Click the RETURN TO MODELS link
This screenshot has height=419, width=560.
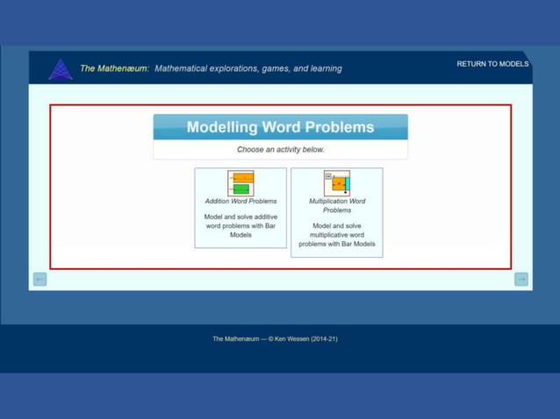pyautogui.click(x=492, y=64)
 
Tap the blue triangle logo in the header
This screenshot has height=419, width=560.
pyautogui.click(x=61, y=69)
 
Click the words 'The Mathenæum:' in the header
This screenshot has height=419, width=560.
pyautogui.click(x=114, y=68)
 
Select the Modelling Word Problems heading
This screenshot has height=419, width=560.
pyautogui.click(x=280, y=127)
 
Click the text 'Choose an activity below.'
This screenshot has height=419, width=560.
pyautogui.click(x=280, y=150)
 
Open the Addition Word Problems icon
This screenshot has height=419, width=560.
pyautogui.click(x=241, y=183)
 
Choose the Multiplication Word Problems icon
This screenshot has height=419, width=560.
pyautogui.click(x=336, y=183)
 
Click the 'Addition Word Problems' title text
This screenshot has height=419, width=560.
pyautogui.click(x=241, y=202)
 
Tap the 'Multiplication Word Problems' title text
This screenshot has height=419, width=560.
pyautogui.click(x=337, y=205)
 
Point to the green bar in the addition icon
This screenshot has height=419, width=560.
pyautogui.click(x=241, y=189)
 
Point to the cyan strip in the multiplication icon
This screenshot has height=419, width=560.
pyautogui.click(x=347, y=183)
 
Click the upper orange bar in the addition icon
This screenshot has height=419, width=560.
pyautogui.click(x=242, y=178)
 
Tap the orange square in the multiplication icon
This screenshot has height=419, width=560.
pyautogui.click(x=337, y=184)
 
